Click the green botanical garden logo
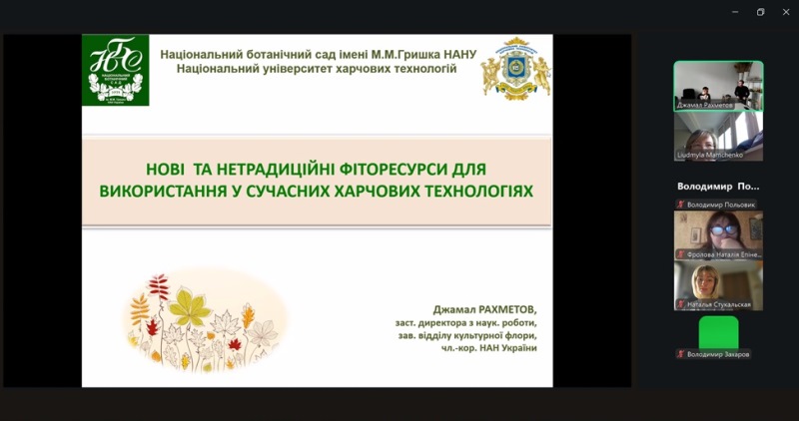pos(116,70)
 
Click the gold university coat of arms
pos(516,69)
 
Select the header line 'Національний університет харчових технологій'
pos(316,69)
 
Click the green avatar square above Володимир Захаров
pos(718,331)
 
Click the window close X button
pos(785,12)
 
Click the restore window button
pos(760,12)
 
